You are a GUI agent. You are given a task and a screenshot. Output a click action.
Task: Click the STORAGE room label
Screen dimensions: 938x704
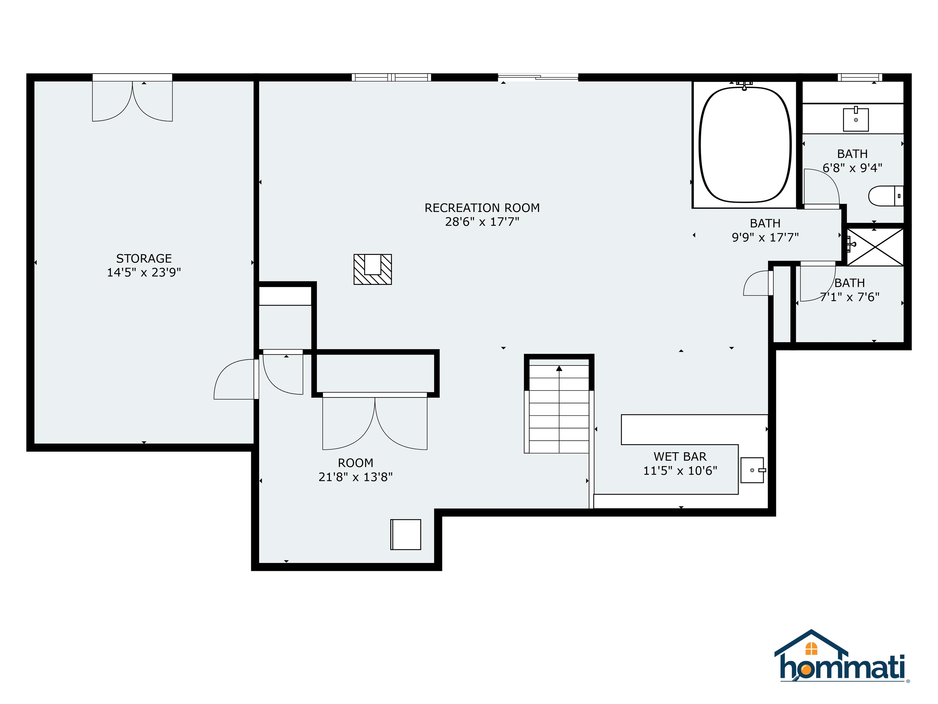144,258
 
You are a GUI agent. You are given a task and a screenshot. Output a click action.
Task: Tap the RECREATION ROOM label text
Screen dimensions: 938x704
482,208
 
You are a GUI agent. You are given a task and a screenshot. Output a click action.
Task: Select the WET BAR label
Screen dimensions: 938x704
680,457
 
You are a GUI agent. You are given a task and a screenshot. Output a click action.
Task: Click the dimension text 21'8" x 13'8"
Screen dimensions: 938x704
355,477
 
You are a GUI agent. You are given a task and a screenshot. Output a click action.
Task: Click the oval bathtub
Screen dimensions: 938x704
745,145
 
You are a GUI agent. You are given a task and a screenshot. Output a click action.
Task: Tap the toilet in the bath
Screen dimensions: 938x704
885,196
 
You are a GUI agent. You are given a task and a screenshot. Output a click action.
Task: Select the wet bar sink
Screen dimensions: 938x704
753,470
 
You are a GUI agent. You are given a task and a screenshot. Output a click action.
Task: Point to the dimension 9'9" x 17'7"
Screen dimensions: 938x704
765,237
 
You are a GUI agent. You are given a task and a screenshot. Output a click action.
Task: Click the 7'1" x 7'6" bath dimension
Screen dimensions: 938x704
849,297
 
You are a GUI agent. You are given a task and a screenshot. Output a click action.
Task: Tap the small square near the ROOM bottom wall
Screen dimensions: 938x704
406,534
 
